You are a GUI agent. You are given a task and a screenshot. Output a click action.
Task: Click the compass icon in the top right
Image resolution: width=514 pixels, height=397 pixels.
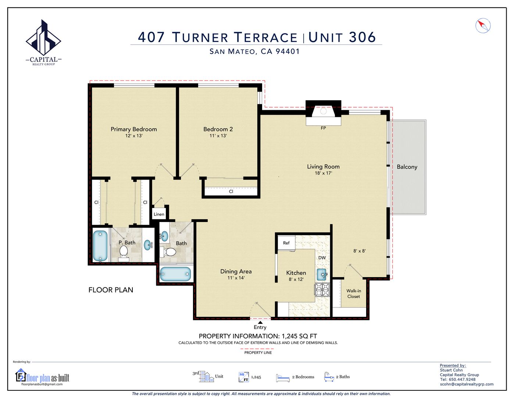(483, 26)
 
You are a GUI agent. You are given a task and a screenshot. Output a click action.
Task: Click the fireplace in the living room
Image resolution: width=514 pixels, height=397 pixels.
(323, 111)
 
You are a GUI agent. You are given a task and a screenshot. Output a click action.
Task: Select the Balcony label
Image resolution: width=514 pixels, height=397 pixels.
(407, 167)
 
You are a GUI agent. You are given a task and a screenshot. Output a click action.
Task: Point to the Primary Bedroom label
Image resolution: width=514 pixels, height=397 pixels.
(134, 129)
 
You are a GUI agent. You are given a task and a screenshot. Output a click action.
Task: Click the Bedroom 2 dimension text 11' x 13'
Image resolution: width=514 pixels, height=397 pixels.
(218, 136)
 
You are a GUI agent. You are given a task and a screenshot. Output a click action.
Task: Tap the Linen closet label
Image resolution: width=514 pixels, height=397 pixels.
(159, 214)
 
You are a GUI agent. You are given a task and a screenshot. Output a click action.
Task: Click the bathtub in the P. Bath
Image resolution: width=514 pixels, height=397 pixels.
(100, 245)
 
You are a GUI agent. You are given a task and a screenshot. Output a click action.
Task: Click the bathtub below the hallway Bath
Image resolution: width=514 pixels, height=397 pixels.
(175, 274)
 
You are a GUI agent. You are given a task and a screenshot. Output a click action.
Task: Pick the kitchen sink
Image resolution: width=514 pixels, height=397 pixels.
(322, 273)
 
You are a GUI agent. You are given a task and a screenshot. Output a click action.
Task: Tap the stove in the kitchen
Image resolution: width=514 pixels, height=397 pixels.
(322, 290)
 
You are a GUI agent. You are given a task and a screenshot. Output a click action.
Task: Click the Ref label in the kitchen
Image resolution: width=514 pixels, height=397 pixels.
(286, 243)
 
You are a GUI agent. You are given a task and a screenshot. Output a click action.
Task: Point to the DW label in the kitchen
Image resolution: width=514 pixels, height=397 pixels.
(322, 258)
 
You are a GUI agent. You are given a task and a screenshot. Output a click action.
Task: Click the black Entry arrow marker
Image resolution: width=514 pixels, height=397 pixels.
(260, 322)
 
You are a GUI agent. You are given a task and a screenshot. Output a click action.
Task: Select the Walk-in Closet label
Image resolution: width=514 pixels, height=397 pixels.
(354, 293)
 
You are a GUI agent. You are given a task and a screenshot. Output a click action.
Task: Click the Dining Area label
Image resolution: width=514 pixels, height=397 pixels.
(236, 272)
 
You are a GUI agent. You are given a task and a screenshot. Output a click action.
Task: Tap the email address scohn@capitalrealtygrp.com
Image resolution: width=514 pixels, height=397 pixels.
(467, 384)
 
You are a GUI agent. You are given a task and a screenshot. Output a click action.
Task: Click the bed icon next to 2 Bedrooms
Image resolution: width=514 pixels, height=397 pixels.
(283, 378)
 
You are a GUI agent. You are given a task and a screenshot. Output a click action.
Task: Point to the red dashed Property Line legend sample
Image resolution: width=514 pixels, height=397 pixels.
(258, 348)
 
